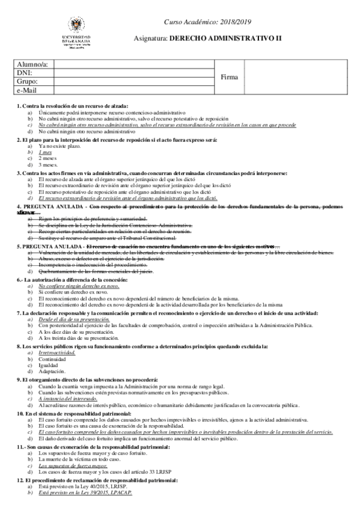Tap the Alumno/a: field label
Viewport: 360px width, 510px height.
pyautogui.click(x=33, y=65)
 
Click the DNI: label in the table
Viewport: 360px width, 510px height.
pyautogui.click(x=25, y=73)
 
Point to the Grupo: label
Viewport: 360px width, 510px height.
pyautogui.click(x=28, y=82)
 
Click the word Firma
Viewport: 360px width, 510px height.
pyautogui.click(x=230, y=78)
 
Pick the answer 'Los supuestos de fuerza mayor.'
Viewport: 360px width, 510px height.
pyautogui.click(x=73, y=465)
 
